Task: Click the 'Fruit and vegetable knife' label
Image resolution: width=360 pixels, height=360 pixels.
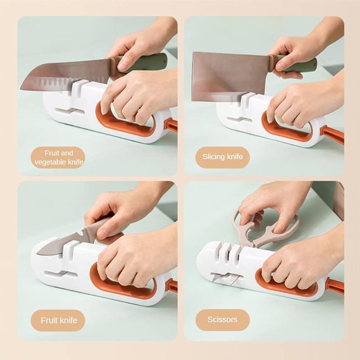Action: point(58,157)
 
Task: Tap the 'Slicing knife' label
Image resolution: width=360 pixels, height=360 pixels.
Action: point(222,157)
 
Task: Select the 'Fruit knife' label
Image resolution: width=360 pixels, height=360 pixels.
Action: point(59,320)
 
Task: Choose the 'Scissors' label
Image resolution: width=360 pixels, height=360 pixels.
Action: point(222,320)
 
